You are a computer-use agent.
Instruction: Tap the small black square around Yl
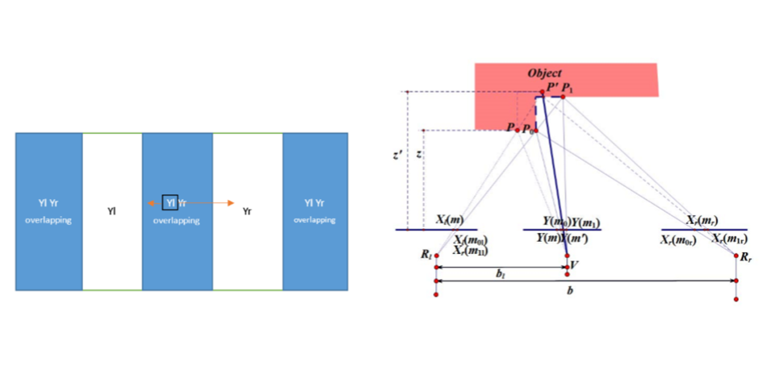170,202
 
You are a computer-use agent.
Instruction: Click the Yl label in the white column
112,211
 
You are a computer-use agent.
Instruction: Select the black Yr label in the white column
248,211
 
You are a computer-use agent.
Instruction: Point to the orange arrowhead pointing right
231,202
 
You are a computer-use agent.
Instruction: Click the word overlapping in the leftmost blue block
48,219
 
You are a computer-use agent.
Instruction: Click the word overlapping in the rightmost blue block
315,219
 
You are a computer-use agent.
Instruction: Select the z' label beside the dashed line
393,156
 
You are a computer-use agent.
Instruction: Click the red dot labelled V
566,266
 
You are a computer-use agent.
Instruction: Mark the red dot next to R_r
737,256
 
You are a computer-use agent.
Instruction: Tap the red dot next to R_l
436,257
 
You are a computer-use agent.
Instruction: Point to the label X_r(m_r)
702,219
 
